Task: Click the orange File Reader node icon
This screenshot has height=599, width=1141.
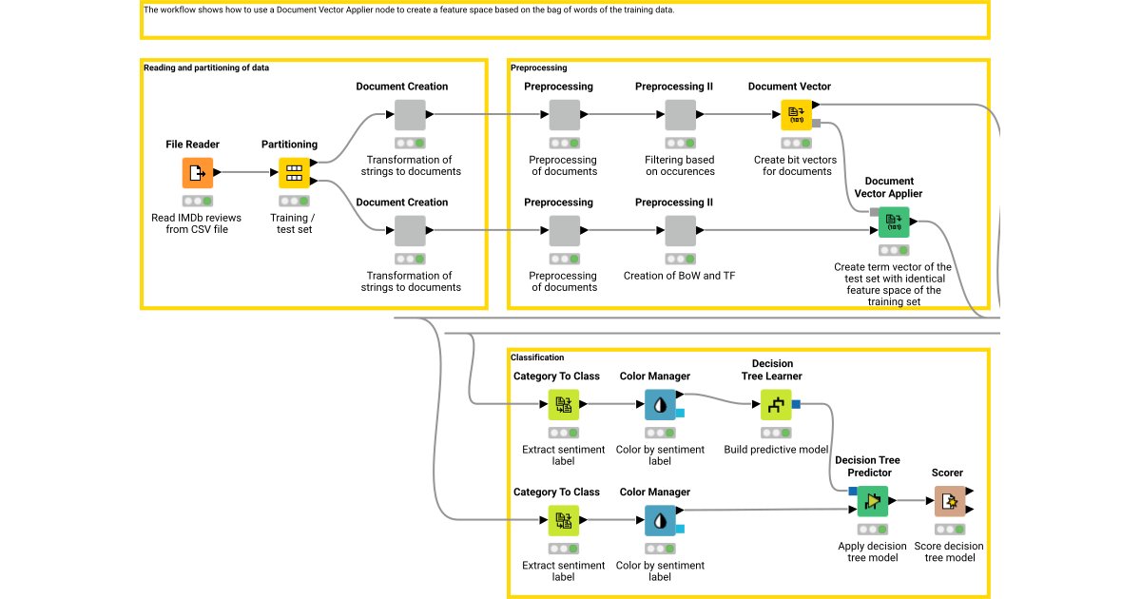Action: point(198,173)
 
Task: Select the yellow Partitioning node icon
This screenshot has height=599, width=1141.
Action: point(294,173)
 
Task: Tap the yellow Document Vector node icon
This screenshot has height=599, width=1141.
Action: point(796,115)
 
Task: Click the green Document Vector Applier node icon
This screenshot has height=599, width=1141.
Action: point(893,222)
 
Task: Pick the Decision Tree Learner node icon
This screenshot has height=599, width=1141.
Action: point(777,405)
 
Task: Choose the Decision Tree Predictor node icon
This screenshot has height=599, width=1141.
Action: point(872,501)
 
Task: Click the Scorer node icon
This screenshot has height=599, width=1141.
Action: point(949,501)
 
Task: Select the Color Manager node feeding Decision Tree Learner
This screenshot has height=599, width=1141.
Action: point(660,405)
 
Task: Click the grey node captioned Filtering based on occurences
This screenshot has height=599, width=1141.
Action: point(680,115)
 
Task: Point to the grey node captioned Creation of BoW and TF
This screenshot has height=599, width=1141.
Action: point(680,231)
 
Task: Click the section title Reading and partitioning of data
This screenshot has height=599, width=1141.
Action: point(206,68)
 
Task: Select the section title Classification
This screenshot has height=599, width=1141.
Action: point(537,357)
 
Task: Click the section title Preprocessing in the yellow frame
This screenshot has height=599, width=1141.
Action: point(538,68)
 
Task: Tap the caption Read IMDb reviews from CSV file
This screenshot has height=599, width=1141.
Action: point(197,223)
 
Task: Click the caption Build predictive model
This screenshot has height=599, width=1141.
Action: point(776,450)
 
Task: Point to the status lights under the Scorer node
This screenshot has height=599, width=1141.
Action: point(949,529)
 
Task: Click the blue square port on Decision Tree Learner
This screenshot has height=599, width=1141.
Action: point(796,405)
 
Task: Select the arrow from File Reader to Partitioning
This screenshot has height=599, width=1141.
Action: point(247,173)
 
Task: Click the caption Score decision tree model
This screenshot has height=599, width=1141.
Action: point(949,551)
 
